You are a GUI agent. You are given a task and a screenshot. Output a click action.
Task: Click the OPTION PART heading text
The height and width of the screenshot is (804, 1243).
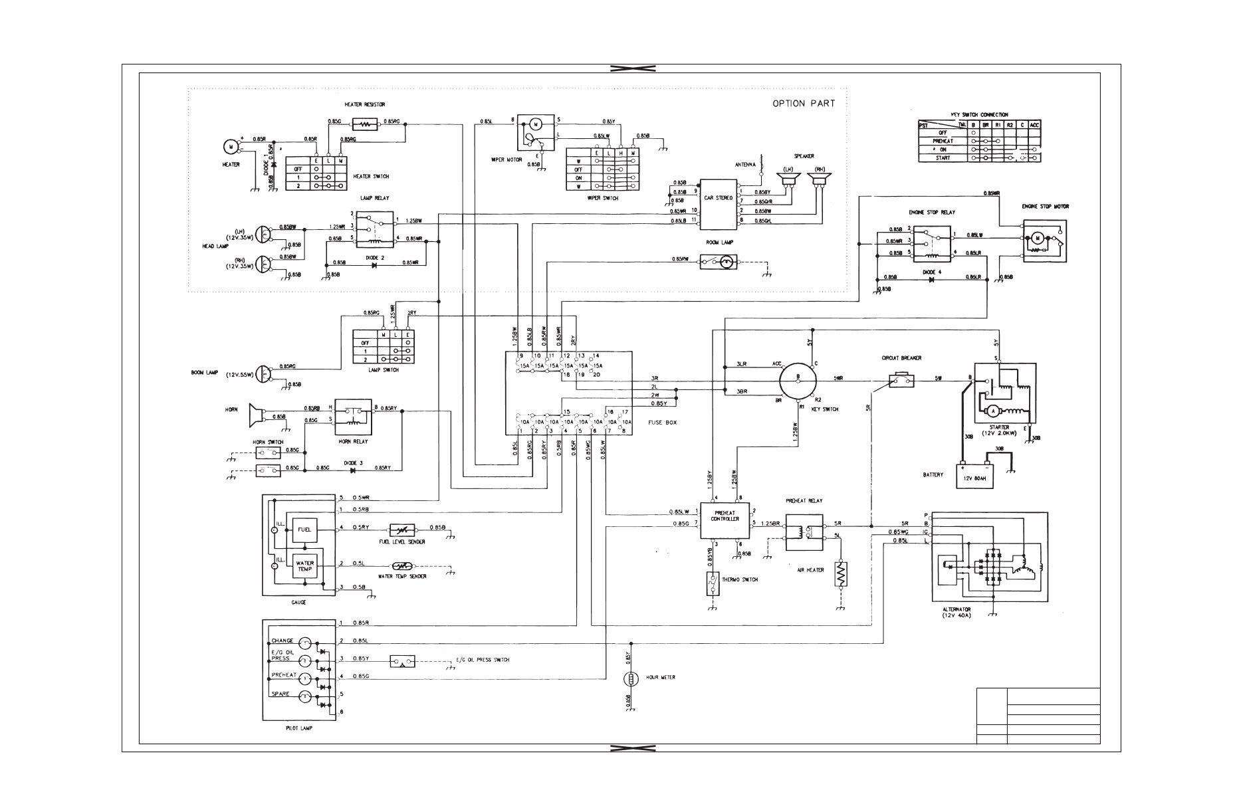pos(803,104)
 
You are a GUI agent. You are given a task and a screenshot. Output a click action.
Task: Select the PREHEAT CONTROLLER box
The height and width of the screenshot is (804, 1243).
pos(725,524)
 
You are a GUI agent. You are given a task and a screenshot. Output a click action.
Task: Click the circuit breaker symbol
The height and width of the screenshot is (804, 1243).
pos(902,380)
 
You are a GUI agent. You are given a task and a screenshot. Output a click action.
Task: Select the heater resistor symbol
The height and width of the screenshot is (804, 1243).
pos(364,124)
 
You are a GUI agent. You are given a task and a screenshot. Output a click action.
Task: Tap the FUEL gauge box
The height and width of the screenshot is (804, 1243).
pos(304,530)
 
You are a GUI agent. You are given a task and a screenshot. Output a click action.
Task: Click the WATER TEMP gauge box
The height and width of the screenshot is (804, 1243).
pos(304,566)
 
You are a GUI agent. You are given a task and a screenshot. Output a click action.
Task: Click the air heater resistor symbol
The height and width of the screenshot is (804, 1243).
pos(841,573)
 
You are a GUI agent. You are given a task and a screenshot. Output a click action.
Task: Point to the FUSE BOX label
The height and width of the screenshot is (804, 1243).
pos(662,423)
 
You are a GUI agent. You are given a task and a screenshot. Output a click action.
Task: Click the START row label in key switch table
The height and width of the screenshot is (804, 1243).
pos(942,158)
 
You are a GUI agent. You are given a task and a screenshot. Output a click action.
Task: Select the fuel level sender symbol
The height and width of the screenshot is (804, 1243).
pos(401,530)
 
